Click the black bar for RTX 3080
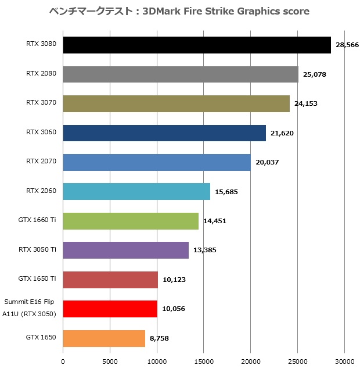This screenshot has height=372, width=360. pyautogui.click(x=196, y=45)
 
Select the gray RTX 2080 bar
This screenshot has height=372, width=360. pyautogui.click(x=180, y=74)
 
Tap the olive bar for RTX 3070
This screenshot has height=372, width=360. pyautogui.click(x=176, y=103)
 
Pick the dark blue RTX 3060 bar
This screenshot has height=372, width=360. pyautogui.click(x=164, y=133)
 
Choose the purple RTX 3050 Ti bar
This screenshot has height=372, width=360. pyautogui.click(x=125, y=250)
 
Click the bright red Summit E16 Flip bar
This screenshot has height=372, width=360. pyautogui.click(x=110, y=309)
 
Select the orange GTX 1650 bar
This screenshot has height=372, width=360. pyautogui.click(x=103, y=338)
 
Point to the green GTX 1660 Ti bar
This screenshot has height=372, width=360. pyautogui.click(x=131, y=221)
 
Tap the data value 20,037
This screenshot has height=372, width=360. pyautogui.click(x=267, y=162)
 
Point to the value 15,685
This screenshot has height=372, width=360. pyautogui.click(x=226, y=192)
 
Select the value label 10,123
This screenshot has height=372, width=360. pyautogui.click(x=174, y=280)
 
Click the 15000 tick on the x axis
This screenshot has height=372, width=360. pyautogui.click(x=204, y=360)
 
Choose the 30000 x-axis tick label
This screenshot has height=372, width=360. pyautogui.click(x=344, y=360)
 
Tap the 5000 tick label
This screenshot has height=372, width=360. pyautogui.click(x=110, y=360)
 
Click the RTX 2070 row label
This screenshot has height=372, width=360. pyautogui.click(x=41, y=161)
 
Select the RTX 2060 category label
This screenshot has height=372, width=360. pyautogui.click(x=41, y=191)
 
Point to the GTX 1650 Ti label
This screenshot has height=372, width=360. pyautogui.click(x=37, y=278)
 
